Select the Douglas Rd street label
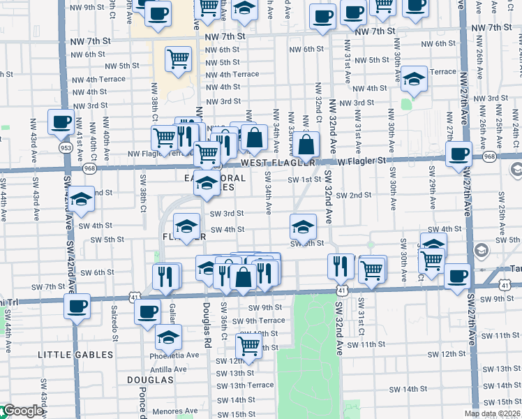pyautogui.click(x=207, y=325)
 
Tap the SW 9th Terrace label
pyautogui.click(x=258, y=321)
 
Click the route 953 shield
pyautogui.click(x=66, y=148)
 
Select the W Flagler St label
pyautogui.click(x=361, y=161)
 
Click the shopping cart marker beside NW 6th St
pyautogui.click(x=179, y=59)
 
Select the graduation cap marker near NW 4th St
pyautogui.click(x=414, y=78)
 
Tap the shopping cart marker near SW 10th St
pyautogui.click(x=248, y=344)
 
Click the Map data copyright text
pyautogui.click(x=492, y=413)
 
